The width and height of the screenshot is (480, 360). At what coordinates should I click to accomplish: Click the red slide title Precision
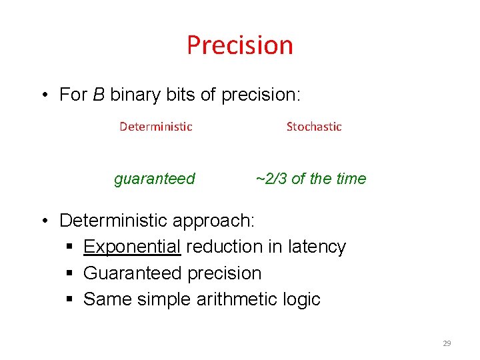239,45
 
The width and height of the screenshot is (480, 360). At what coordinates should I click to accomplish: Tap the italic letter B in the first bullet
99,95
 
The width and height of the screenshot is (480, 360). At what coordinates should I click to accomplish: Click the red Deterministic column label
155,127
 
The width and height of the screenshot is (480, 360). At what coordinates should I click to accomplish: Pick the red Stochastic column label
314,127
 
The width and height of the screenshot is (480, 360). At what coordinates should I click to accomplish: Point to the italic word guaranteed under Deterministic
155,179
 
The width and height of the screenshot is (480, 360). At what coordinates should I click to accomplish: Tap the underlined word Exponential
132,247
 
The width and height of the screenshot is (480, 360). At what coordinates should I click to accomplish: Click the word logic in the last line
303,299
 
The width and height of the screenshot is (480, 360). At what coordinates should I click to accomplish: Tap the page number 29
447,343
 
